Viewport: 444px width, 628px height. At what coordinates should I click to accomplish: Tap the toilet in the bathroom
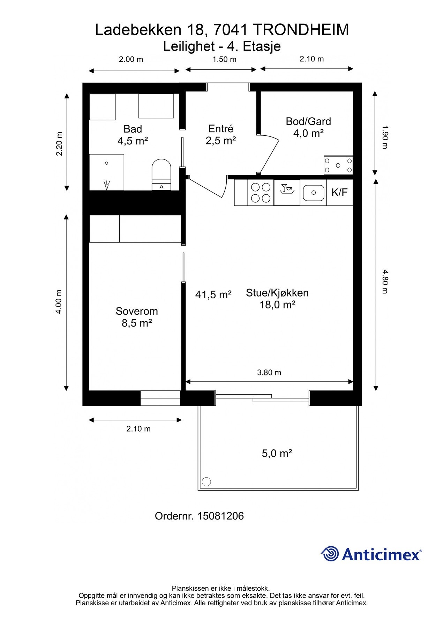pos(161,174)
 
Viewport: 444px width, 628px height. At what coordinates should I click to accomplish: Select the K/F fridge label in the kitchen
pos(339,192)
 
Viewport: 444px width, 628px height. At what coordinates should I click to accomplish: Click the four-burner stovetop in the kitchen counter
pos(261,193)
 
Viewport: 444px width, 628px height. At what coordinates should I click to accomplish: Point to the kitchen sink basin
pos(313,193)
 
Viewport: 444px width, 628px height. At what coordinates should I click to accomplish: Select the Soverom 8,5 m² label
pos(137,317)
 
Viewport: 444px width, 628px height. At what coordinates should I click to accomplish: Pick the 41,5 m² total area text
pos(213,295)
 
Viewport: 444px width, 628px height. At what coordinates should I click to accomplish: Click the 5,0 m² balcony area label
pos(277,453)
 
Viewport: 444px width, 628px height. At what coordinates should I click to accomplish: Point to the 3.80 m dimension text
pos(269,373)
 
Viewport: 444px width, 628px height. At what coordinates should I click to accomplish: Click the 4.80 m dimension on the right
pos(385,282)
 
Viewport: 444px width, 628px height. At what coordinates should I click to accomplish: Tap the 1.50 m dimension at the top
pos(225,59)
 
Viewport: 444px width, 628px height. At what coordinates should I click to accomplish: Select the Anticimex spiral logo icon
pos(330,554)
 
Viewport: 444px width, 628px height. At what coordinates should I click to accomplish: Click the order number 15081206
pos(220,516)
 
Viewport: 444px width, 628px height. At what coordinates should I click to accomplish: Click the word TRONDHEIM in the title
pos(301,30)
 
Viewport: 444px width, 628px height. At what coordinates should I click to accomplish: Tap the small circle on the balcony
pos(206,482)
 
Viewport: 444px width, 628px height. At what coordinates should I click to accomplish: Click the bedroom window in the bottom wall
pos(160,398)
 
